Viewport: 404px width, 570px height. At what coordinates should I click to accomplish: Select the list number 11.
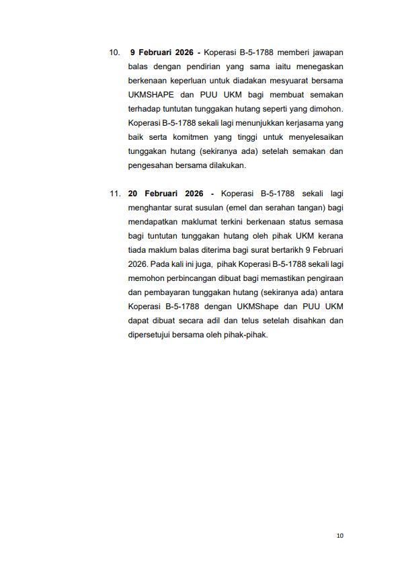(x=115, y=194)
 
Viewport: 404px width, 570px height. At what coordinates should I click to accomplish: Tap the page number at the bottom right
(x=339, y=535)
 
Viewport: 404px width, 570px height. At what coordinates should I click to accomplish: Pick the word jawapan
(x=325, y=52)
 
